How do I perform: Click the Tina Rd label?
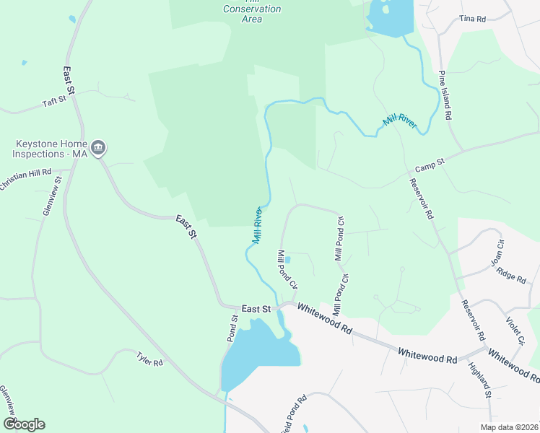pyautogui.click(x=473, y=18)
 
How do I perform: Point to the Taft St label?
pyautogui.click(x=54, y=102)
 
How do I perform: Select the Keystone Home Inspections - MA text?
pyautogui.click(x=48, y=149)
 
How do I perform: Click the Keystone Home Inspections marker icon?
pyautogui.click(x=100, y=149)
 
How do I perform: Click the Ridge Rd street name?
pyautogui.click(x=511, y=274)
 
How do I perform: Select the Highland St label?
pyautogui.click(x=479, y=380)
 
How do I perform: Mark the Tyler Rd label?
pyautogui.click(x=150, y=359)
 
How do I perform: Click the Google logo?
pyautogui.click(x=24, y=424)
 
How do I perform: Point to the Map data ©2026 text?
pyautogui.click(x=508, y=427)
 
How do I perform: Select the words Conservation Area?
pyautogui.click(x=252, y=14)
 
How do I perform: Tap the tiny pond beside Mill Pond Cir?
pyautogui.click(x=287, y=260)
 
